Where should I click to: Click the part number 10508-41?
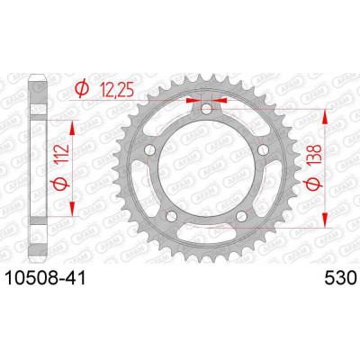46,278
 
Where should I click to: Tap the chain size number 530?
340,278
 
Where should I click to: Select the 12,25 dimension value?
117,89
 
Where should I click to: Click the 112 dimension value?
62,155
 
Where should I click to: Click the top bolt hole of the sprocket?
206,109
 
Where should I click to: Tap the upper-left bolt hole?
149,149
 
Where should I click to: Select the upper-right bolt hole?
263,149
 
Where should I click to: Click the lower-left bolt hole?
171,216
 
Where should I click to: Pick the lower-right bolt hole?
241,216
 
